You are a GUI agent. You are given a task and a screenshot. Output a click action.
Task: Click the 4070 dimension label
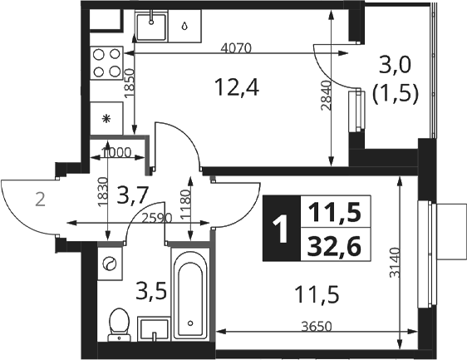pos(236,48)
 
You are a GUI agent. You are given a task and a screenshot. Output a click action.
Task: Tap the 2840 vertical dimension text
pos(326,96)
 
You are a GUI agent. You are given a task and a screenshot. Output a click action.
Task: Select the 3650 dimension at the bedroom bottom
pos(317,327)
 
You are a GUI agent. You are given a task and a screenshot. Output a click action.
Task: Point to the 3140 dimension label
pos(395,262)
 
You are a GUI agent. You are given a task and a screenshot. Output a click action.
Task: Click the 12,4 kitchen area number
pos(238,87)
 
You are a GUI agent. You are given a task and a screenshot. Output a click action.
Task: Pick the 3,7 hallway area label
pos(132,195)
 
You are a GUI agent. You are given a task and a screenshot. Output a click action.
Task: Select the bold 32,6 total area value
pos(335,246)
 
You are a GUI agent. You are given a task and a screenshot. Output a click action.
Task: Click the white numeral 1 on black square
pos(281,229)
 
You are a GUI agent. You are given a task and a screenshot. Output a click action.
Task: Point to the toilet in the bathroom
pos(120,324)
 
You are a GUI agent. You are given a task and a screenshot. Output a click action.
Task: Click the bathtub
pos(190,293)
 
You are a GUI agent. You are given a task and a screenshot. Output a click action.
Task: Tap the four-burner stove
pos(106,63)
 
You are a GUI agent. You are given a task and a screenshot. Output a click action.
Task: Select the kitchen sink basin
pos(151,27)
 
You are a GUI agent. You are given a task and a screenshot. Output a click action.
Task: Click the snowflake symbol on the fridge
pos(106,119)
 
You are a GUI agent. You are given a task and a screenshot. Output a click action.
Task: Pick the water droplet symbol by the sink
pos(185,26)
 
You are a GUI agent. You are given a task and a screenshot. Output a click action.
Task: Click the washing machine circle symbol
pos(109,264)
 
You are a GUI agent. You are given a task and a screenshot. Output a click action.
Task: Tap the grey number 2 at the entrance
pos(40,200)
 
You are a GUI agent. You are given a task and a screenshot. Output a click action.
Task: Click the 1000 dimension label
pos(116,152)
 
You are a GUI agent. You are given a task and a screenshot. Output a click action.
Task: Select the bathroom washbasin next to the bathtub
pos(154,328)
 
